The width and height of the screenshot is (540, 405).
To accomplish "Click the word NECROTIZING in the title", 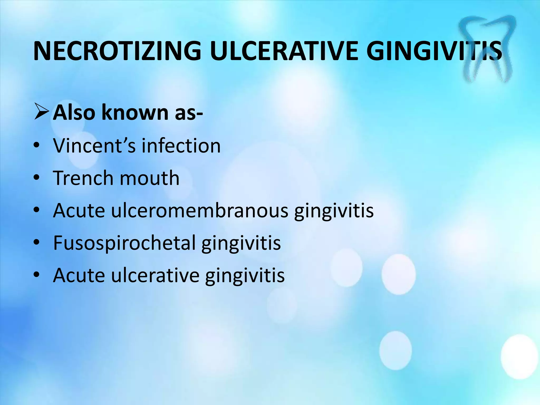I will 117,51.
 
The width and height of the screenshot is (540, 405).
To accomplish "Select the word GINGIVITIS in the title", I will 434,51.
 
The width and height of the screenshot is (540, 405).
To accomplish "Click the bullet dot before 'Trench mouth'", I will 37,178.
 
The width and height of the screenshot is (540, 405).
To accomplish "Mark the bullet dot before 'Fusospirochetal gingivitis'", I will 37,243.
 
